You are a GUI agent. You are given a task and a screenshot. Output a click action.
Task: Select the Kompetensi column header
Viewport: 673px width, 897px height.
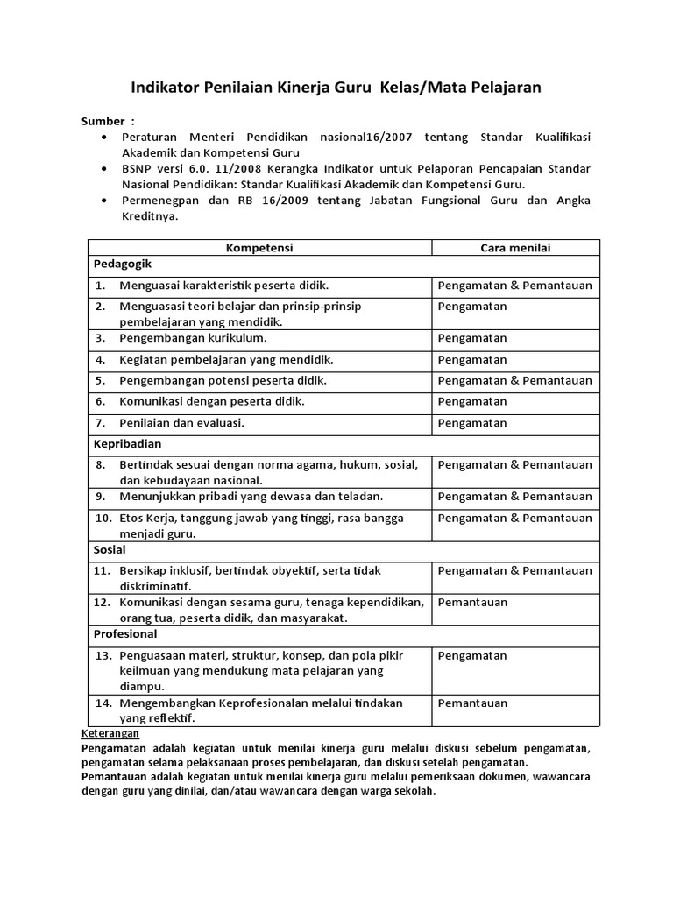259,248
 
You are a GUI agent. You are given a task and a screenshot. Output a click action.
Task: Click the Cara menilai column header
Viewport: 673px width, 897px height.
515,248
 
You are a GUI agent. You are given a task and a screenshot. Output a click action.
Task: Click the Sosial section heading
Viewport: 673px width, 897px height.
110,550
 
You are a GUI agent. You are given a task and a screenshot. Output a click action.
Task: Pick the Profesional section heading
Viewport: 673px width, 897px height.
125,633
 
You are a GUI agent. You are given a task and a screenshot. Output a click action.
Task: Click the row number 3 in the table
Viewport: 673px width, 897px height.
101,338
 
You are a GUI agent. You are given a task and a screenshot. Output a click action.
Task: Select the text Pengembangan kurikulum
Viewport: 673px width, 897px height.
193,338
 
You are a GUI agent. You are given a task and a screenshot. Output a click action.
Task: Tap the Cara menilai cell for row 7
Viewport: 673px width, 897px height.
472,422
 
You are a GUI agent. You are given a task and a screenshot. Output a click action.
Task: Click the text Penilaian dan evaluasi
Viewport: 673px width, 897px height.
181,422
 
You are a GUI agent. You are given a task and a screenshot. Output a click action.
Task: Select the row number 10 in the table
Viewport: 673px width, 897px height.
103,518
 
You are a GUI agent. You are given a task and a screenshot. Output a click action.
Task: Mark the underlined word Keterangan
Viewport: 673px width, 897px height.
110,732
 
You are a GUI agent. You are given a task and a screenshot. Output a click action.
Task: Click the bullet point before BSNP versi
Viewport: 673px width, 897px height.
105,169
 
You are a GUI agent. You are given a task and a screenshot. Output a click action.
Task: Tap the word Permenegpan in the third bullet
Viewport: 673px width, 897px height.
157,201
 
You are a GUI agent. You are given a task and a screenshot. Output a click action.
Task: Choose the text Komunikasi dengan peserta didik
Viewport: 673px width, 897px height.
211,401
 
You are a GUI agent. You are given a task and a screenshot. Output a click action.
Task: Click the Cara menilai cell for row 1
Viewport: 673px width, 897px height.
515,286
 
